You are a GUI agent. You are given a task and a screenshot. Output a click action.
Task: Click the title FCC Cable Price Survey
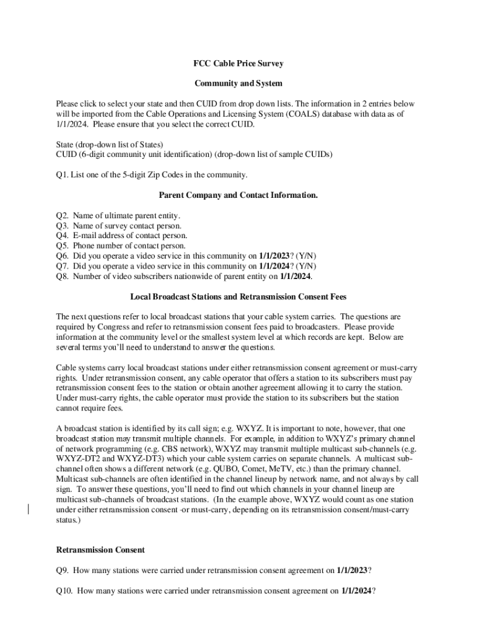(239, 63)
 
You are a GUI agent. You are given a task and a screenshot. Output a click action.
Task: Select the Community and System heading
(239, 83)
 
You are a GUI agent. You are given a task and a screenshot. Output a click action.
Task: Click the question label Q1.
(62, 174)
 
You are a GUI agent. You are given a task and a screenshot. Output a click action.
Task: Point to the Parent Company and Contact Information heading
(239, 195)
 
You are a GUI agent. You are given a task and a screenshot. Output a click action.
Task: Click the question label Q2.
(62, 216)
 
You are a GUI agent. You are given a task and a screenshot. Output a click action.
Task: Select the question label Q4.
(62, 236)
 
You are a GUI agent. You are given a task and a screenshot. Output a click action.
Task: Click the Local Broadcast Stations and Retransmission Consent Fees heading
(239, 296)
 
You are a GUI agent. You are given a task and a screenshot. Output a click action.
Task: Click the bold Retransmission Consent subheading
(100, 550)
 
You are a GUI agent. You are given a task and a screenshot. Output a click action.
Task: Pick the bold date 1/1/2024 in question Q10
(356, 591)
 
